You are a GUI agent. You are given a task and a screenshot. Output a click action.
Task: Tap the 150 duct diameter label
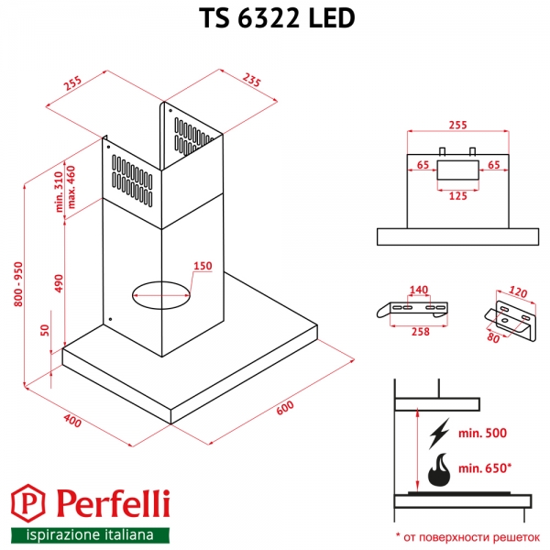(x=202, y=267)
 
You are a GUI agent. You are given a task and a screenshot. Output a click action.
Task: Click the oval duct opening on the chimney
(x=163, y=294)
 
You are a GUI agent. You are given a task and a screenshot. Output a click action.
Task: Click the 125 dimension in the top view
(x=456, y=194)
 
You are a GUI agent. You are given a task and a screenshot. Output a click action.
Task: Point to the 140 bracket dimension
(x=418, y=291)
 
